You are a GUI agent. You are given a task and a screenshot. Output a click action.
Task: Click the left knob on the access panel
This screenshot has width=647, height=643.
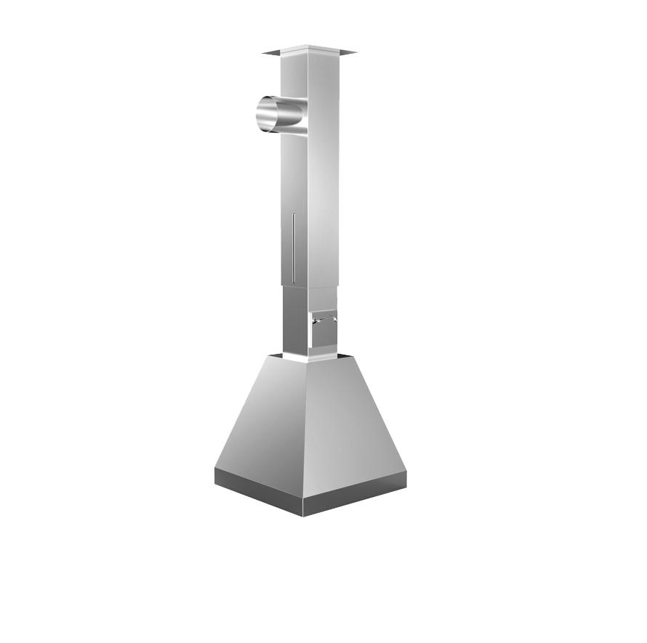(x=313, y=320)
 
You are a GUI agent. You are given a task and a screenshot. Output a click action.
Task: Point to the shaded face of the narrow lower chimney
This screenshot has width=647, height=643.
(x=294, y=320)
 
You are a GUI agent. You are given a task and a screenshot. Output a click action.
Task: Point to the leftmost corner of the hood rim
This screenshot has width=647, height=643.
(x=215, y=472)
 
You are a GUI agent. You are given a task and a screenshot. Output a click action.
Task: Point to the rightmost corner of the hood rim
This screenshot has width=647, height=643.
(x=406, y=474)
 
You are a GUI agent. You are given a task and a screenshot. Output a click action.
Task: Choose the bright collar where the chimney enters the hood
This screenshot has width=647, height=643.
(x=305, y=357)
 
